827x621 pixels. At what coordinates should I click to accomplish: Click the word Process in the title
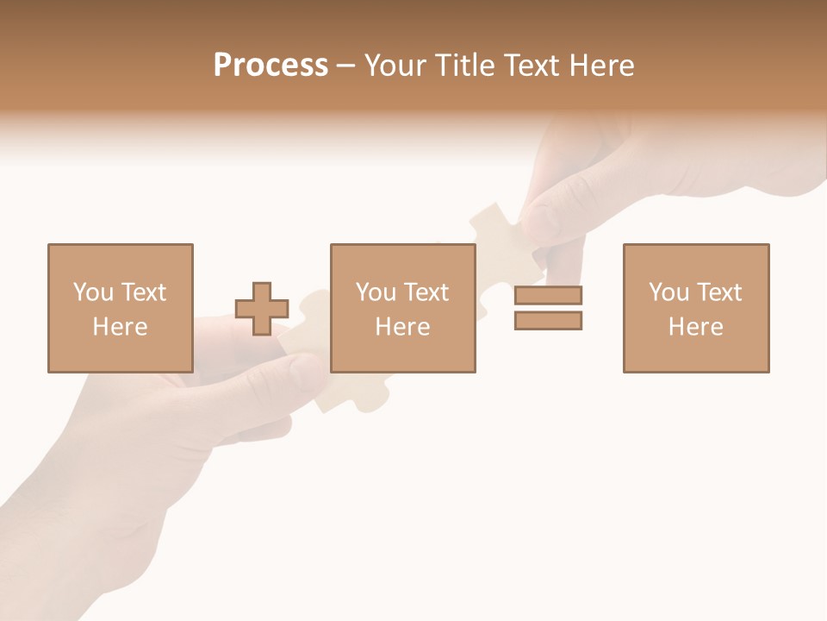[x=270, y=66]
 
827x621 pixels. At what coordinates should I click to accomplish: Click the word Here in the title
[x=600, y=66]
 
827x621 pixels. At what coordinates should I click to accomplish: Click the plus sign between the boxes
[x=262, y=309]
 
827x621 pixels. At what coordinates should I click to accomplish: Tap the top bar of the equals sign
[x=549, y=295]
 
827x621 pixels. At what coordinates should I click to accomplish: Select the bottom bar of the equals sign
[x=549, y=320]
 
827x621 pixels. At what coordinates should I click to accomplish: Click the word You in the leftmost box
[x=93, y=292]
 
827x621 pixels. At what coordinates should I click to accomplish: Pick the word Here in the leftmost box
[x=120, y=327]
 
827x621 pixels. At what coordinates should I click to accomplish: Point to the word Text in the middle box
[x=427, y=292]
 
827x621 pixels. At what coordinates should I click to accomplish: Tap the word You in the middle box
[x=376, y=292]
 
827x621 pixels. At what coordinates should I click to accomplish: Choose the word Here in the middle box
[x=402, y=327]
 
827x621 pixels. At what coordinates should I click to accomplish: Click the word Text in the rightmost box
[x=720, y=292]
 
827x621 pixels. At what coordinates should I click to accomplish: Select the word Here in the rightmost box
[x=695, y=327]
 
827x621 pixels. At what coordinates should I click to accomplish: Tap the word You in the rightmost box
[x=668, y=292]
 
